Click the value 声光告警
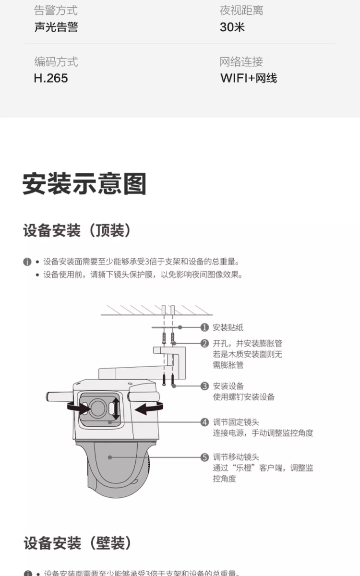[56, 27]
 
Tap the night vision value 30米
[232, 27]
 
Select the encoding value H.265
[51, 78]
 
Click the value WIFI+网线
[249, 78]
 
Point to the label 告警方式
[56, 11]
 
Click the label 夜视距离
[241, 11]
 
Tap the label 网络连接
[241, 61]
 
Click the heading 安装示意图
[84, 184]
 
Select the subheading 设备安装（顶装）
[77, 231]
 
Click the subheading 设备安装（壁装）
[77, 543]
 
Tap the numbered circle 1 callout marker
[205, 327]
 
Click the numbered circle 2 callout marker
[205, 343]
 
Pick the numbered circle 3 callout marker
[205, 386]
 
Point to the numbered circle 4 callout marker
[205, 422]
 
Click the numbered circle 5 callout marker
[205, 457]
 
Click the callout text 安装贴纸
[228, 327]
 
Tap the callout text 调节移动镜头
[236, 457]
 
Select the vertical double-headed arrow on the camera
[116, 408]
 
